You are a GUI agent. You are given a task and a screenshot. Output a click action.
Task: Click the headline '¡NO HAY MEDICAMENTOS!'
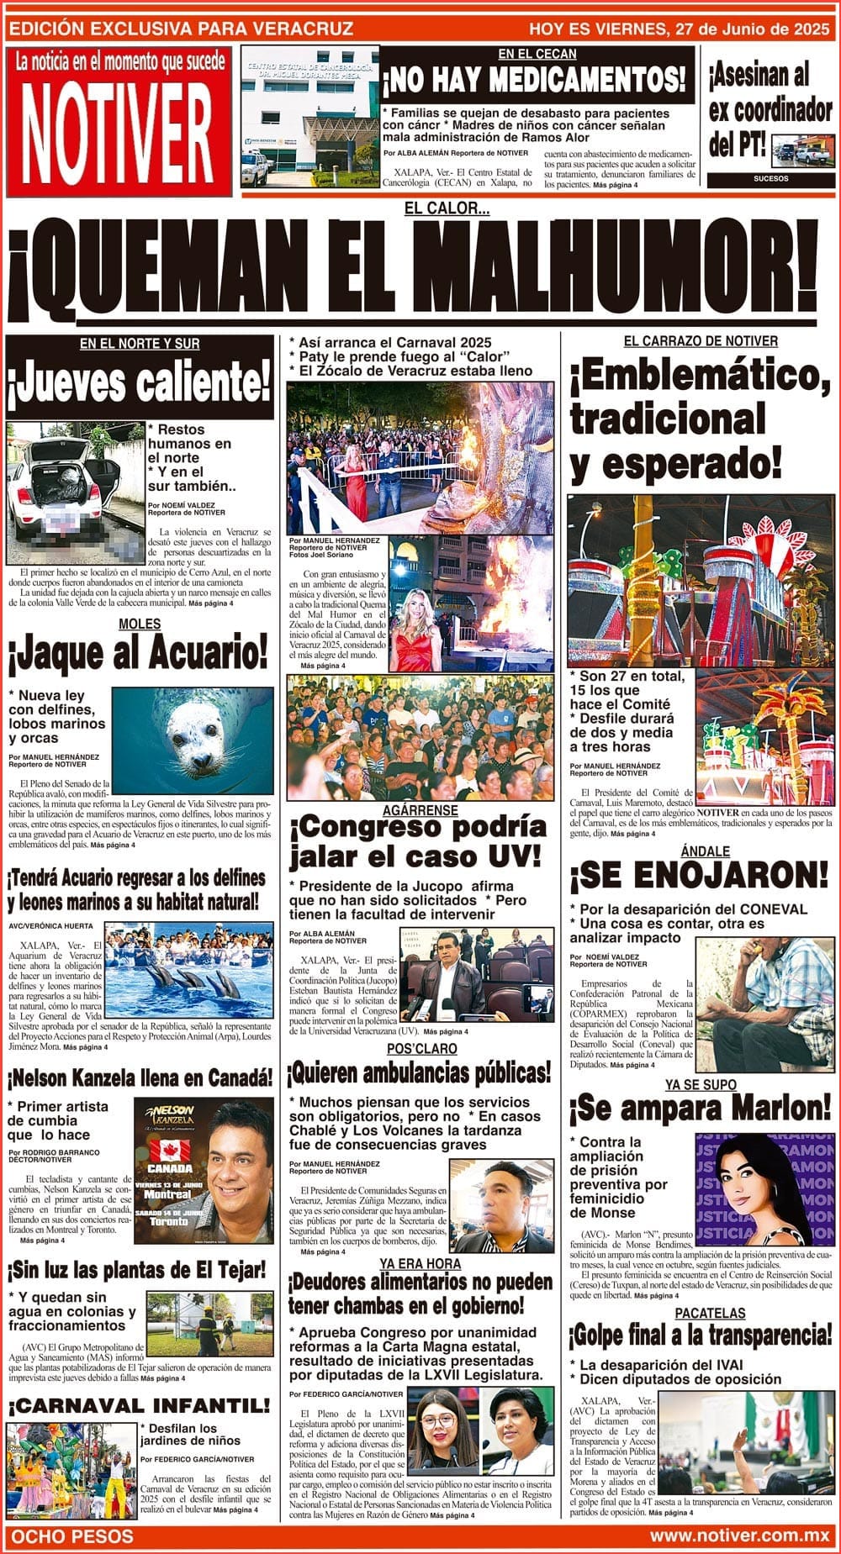click(535, 81)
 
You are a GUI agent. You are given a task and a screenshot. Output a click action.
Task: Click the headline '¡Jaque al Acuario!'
click(138, 654)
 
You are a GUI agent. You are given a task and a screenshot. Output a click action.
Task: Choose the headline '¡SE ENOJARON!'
click(699, 875)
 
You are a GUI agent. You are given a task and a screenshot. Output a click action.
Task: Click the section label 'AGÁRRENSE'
click(420, 810)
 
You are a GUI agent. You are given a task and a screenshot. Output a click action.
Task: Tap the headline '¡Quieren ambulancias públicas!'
click(420, 1073)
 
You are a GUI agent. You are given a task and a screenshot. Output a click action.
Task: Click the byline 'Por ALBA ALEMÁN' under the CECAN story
click(412, 153)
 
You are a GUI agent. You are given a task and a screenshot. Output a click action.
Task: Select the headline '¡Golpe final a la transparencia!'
click(700, 1335)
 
